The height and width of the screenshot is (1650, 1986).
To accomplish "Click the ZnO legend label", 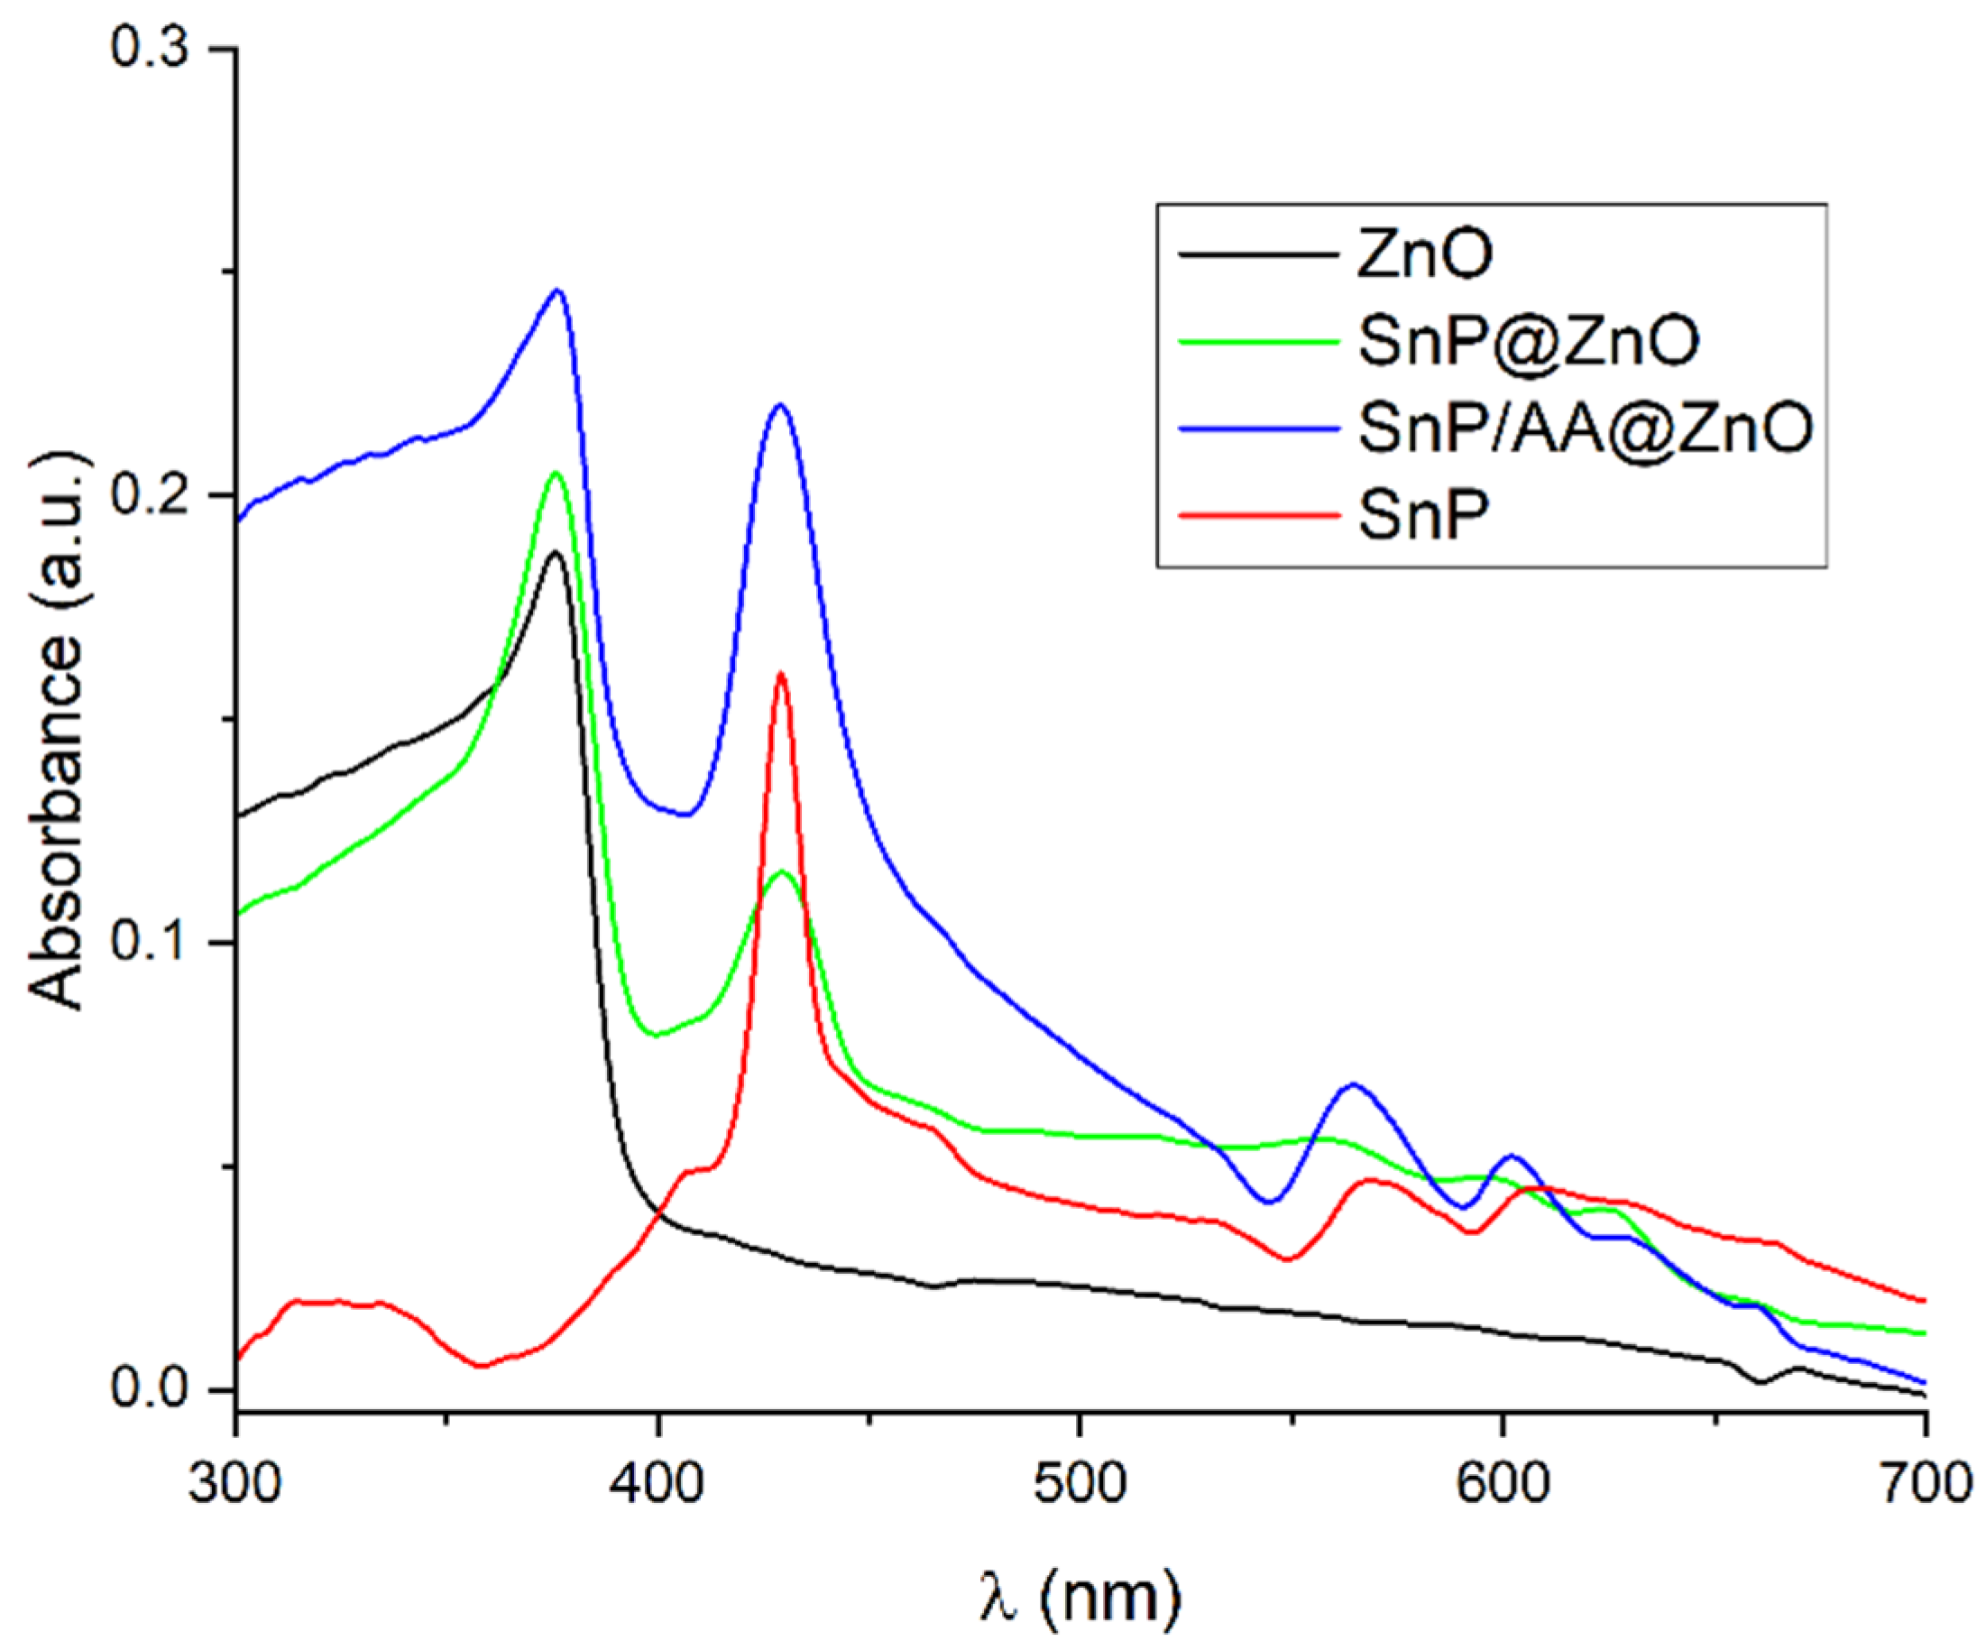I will click(x=1424, y=255).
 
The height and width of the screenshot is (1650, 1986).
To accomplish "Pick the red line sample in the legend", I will click(x=1259, y=517).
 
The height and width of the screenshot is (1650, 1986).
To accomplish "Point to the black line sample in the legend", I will click(x=1259, y=255).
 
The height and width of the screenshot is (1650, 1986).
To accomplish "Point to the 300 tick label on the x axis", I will click(x=234, y=1483).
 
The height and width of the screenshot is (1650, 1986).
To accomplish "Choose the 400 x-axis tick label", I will click(x=657, y=1483).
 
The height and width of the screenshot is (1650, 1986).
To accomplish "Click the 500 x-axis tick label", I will click(x=1079, y=1483).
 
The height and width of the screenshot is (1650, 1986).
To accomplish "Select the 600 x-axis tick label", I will click(x=1502, y=1483).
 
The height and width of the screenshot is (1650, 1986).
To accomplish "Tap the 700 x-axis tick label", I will click(x=1924, y=1483).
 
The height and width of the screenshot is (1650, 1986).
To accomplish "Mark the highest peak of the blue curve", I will click(x=558, y=290).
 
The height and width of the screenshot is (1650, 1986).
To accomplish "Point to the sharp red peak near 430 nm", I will click(x=781, y=674).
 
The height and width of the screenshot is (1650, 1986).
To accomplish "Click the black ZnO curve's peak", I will click(x=556, y=552).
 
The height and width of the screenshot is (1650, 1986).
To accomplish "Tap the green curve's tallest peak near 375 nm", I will click(x=556, y=473).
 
